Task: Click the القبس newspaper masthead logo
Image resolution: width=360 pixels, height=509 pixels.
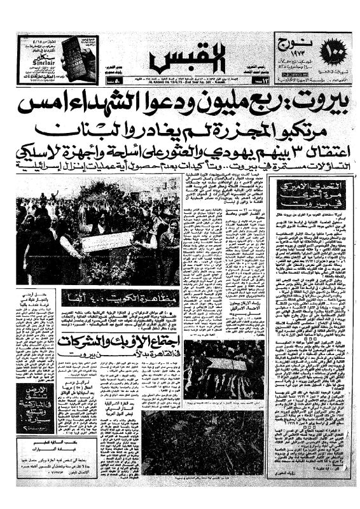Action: (x=179, y=58)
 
